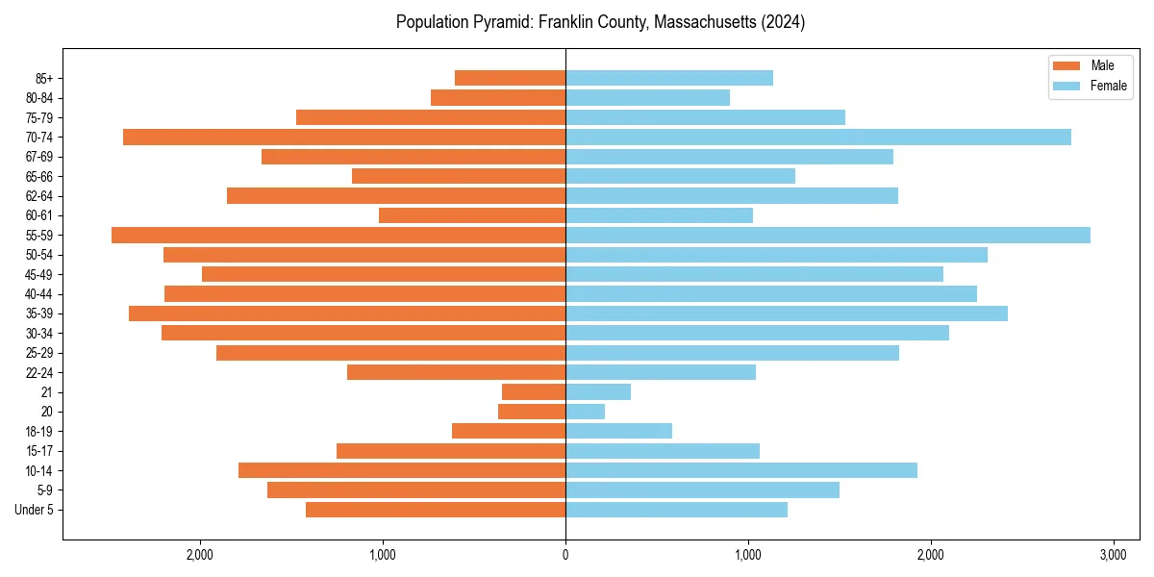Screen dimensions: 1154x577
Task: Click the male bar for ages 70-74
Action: pos(344,137)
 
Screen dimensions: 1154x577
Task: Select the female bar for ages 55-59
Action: pos(827,235)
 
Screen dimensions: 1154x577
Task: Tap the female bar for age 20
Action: pos(585,412)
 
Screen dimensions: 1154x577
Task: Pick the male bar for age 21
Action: pos(534,391)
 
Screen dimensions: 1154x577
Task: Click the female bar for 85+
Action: pos(668,78)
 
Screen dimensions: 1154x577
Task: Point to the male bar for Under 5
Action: pos(436,510)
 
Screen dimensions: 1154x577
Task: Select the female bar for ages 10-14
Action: pos(740,470)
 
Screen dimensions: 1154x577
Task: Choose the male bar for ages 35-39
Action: pos(347,314)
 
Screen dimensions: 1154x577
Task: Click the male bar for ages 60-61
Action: pos(472,215)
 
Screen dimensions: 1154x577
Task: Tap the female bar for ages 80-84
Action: pos(647,97)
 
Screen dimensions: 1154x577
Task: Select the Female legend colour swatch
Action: pos(1066,86)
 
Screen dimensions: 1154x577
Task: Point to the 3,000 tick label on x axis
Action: pos(1113,555)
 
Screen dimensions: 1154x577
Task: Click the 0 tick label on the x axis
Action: pos(565,555)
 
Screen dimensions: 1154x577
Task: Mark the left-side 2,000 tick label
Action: pos(200,555)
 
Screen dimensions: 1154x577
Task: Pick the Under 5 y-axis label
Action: pos(34,510)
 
